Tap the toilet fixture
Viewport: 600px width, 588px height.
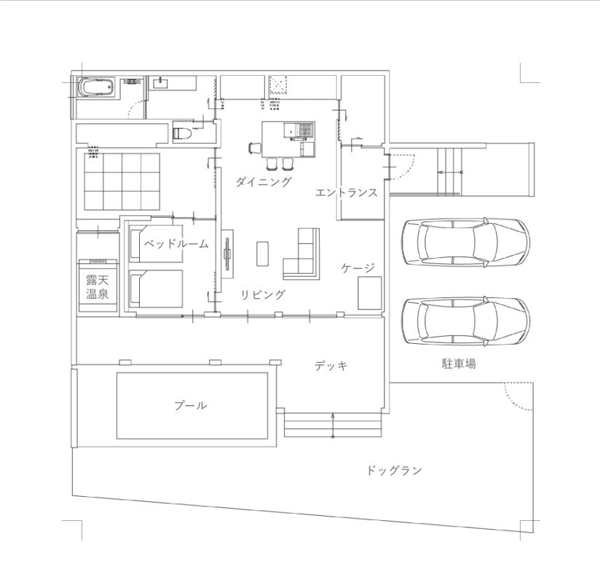coord(183,133)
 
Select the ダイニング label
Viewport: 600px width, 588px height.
coord(263,182)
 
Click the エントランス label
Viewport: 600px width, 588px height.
coord(347,193)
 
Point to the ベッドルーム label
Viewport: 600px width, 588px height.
coord(175,244)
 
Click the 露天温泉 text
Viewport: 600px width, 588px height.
coord(97,287)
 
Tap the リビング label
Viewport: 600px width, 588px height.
coord(263,295)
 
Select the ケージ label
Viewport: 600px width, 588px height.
coord(358,268)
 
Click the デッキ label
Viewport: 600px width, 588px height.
coord(331,366)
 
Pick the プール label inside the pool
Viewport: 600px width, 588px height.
coord(190,406)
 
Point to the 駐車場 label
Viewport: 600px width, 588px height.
coord(459,364)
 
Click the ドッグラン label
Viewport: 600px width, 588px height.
coord(394,471)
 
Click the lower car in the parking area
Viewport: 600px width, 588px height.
coord(465,321)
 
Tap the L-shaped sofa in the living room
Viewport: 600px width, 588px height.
coord(304,255)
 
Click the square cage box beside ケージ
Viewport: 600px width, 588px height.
coord(368,293)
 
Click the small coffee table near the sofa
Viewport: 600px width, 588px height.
coord(263,253)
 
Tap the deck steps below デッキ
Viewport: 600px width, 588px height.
coord(332,425)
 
